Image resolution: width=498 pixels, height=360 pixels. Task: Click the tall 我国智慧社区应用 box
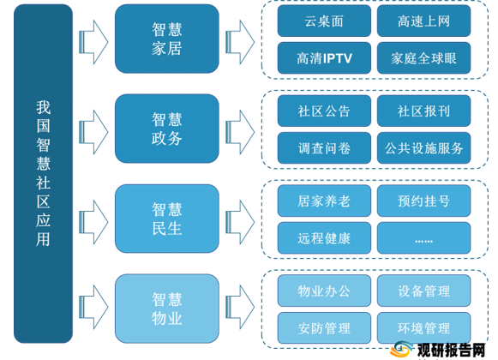43,173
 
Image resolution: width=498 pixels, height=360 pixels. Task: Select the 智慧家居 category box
167,39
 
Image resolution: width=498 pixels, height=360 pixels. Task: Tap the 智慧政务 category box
167,129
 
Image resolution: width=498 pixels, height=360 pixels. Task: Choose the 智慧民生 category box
167,219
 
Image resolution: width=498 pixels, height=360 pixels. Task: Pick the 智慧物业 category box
167,309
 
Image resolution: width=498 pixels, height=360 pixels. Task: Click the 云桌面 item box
324,21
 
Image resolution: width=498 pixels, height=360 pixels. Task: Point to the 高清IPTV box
324,58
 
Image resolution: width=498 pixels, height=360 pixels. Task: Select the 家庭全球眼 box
423,58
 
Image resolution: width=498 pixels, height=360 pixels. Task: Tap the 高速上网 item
423,21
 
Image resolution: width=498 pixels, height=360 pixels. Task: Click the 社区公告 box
324,111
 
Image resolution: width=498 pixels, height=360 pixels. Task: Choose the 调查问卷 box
324,148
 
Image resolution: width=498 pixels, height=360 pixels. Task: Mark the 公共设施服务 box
423,148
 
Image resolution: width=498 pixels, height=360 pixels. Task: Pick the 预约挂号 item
423,201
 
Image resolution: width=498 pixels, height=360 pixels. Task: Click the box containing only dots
423,238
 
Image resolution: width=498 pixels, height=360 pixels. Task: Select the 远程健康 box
324,238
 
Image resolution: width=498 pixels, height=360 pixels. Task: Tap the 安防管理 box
324,328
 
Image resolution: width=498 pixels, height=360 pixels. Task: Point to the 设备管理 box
423,291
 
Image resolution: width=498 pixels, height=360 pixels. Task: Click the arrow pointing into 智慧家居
93,42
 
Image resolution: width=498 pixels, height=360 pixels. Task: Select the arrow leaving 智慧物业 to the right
240,307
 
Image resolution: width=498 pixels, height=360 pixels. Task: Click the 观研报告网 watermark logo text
451,351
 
